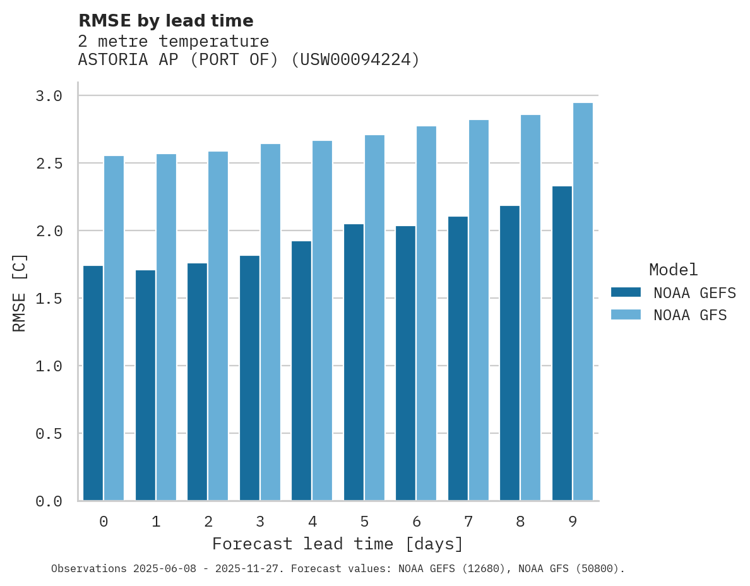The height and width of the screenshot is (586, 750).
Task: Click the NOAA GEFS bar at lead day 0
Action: [x=93, y=383]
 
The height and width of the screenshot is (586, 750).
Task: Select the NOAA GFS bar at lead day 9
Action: [x=582, y=302]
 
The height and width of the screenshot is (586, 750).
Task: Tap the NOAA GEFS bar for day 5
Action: [x=354, y=362]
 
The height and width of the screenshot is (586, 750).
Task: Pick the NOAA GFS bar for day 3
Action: [x=270, y=322]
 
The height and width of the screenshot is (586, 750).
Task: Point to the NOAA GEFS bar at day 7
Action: [x=458, y=359]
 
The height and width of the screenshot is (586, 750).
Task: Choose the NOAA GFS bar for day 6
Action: [x=426, y=313]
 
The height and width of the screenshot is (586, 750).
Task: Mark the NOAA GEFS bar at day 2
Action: [x=197, y=382]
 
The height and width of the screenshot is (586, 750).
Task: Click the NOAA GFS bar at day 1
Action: [x=166, y=327]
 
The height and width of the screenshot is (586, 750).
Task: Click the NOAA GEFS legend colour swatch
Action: [x=626, y=292]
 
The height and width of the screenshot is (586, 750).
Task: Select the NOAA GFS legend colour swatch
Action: [x=626, y=314]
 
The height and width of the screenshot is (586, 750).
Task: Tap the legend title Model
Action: [x=673, y=270]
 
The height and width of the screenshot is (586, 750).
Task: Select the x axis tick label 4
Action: [x=312, y=522]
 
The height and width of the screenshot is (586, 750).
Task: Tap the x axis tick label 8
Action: [x=520, y=522]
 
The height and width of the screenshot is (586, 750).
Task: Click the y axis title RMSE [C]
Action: [x=20, y=292]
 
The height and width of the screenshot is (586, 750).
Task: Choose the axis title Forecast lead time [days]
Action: [x=338, y=544]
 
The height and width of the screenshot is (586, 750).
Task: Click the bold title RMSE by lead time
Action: [x=165, y=21]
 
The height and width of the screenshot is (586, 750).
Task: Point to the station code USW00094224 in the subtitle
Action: [x=355, y=60]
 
